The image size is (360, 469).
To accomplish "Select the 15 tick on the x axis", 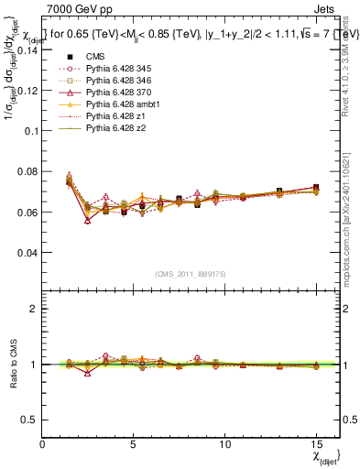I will point(316,443).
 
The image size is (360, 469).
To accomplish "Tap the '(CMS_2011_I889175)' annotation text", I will point(191,274).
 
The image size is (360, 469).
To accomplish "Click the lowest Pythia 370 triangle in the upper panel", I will point(88,221).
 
